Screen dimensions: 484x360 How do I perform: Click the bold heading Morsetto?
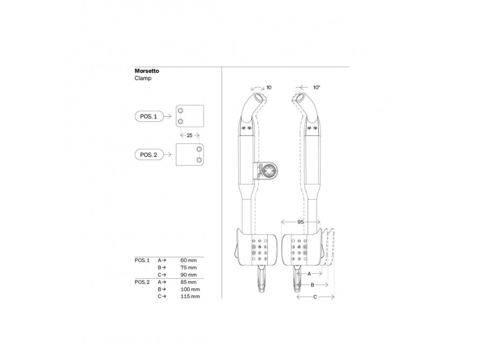pos(147,71)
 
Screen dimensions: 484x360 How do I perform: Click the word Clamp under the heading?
pos(143,78)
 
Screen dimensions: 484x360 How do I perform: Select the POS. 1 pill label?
pos(148,116)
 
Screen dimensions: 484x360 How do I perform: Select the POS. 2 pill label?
pos(148,155)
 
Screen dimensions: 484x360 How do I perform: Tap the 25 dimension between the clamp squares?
pos(189,135)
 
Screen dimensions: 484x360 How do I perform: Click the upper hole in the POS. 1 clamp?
pos(181,111)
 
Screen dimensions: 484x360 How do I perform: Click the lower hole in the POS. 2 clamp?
pos(199,160)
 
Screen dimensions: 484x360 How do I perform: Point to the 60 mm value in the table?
pos(189,261)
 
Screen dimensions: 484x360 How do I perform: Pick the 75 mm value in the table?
pos(189,268)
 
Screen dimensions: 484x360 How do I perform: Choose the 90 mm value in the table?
pos(189,275)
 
